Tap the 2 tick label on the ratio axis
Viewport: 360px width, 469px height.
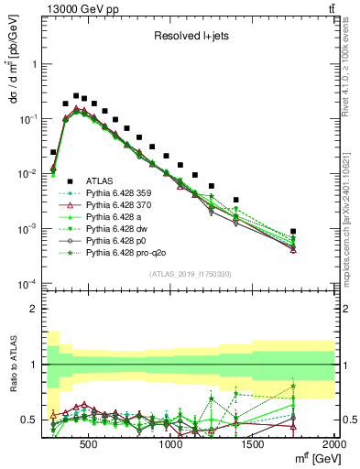tap(33, 310)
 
